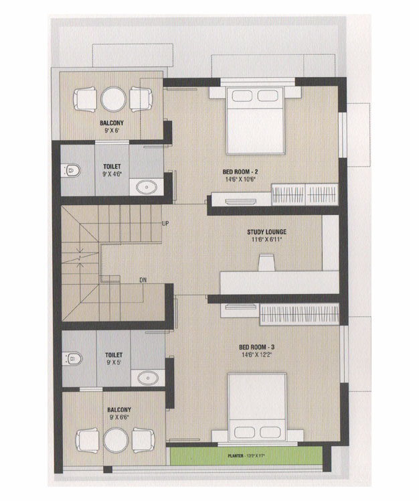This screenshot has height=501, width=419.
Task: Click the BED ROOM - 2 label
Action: click(x=240, y=172)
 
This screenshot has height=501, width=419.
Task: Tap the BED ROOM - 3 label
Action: click(x=257, y=347)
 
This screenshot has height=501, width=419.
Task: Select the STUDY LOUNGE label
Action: click(x=266, y=232)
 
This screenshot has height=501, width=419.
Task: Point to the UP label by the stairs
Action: click(x=165, y=224)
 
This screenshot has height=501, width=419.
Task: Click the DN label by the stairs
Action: click(x=143, y=280)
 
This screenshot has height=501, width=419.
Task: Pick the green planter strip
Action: click(x=246, y=456)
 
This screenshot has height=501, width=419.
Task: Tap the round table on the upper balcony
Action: click(x=113, y=99)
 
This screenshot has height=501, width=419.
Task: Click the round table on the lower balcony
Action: click(x=116, y=440)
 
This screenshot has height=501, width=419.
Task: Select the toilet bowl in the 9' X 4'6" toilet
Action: click(x=72, y=171)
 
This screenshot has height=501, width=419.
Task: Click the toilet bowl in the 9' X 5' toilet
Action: click(x=73, y=359)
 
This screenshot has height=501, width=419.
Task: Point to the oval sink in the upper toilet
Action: click(x=147, y=188)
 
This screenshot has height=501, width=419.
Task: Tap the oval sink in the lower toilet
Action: click(x=148, y=378)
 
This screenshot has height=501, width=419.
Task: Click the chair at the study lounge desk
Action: click(x=266, y=263)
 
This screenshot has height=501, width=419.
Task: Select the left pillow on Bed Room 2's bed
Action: click(x=242, y=96)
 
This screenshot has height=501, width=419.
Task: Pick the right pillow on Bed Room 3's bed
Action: click(x=270, y=432)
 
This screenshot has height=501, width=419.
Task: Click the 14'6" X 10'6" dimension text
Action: click(x=240, y=180)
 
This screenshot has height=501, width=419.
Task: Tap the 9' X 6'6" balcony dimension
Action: click(x=119, y=417)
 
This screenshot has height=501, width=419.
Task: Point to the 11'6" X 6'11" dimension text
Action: click(x=266, y=239)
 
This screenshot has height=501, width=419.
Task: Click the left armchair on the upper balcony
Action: click(x=85, y=99)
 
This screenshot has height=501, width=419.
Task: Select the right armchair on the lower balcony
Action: click(x=143, y=440)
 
